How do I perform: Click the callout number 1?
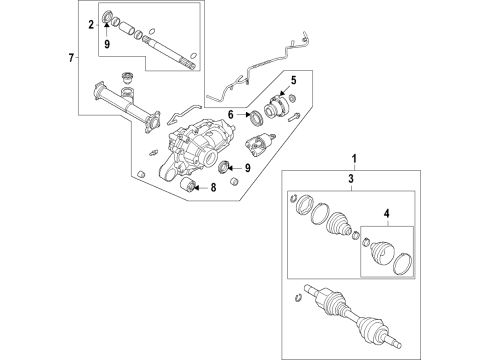(x=351, y=159)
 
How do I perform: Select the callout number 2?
(x=91, y=23)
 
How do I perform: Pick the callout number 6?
(x=230, y=116)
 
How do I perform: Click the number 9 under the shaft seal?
(x=109, y=43)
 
